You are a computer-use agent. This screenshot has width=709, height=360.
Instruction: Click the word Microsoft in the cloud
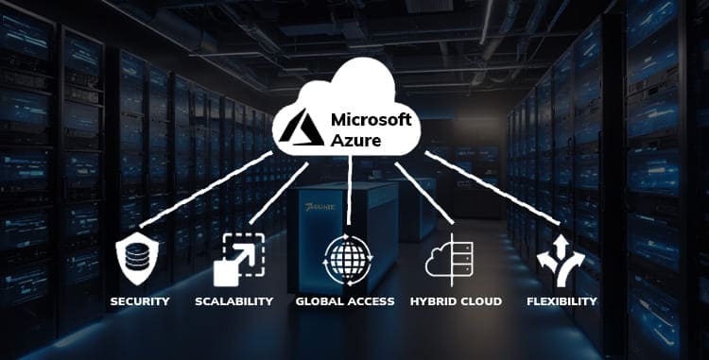(372, 120)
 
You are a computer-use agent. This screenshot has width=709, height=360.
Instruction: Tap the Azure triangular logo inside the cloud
(304, 129)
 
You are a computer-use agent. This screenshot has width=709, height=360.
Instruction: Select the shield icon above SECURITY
(140, 258)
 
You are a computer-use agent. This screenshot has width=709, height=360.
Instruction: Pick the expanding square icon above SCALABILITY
(233, 258)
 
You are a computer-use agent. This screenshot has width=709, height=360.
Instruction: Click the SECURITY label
(140, 301)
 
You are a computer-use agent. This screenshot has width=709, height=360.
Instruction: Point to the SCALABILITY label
(233, 301)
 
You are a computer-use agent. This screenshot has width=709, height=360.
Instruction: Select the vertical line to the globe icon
(350, 194)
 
